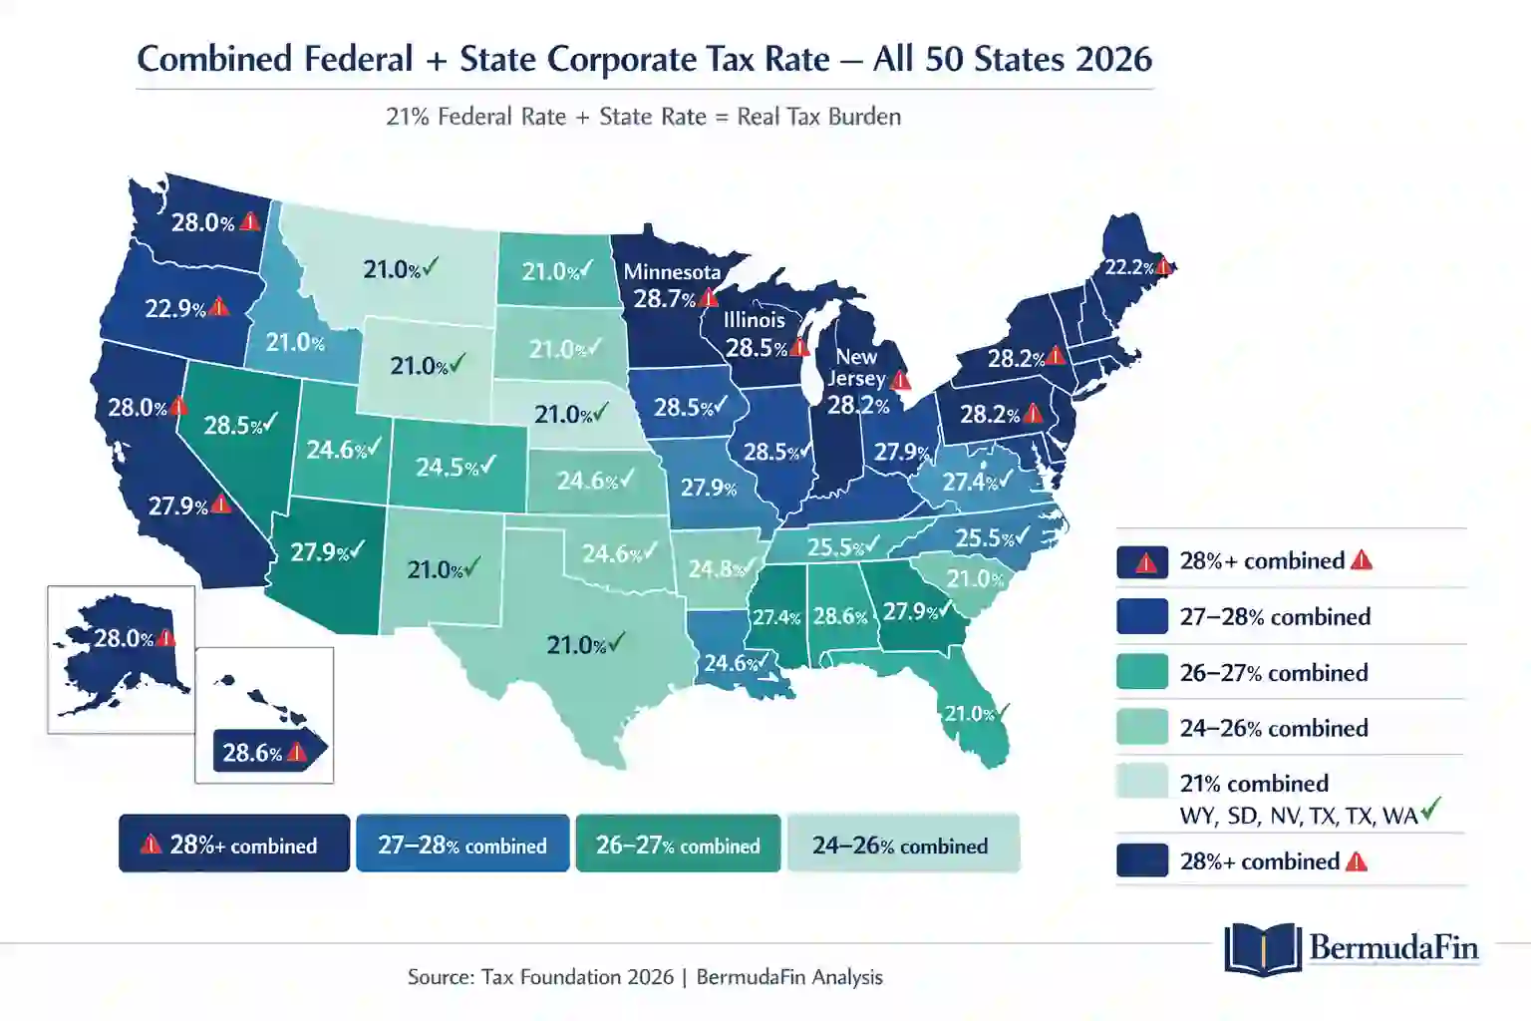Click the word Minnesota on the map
pyautogui.click(x=672, y=271)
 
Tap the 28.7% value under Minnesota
pyautogui.click(x=664, y=298)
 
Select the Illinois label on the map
pyautogui.click(x=754, y=320)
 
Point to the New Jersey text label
pyautogui.click(x=856, y=367)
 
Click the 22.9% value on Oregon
pyautogui.click(x=175, y=308)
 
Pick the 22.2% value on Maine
pyautogui.click(x=1128, y=267)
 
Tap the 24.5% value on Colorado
pyautogui.click(x=445, y=467)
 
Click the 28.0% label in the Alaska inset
pyautogui.click(x=124, y=638)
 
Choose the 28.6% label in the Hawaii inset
pyautogui.click(x=252, y=753)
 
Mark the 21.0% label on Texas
pyautogui.click(x=576, y=645)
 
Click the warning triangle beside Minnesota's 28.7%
pyautogui.click(x=709, y=297)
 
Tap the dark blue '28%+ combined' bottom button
pyautogui.click(x=234, y=845)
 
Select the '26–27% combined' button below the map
pyautogui.click(x=678, y=845)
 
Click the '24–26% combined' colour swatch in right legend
pyautogui.click(x=1141, y=727)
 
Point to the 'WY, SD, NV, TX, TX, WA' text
pyautogui.click(x=1298, y=816)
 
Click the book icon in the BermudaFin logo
pyautogui.click(x=1262, y=948)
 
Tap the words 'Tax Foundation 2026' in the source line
pyautogui.click(x=577, y=977)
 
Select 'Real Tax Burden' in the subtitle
pyautogui.click(x=818, y=117)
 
